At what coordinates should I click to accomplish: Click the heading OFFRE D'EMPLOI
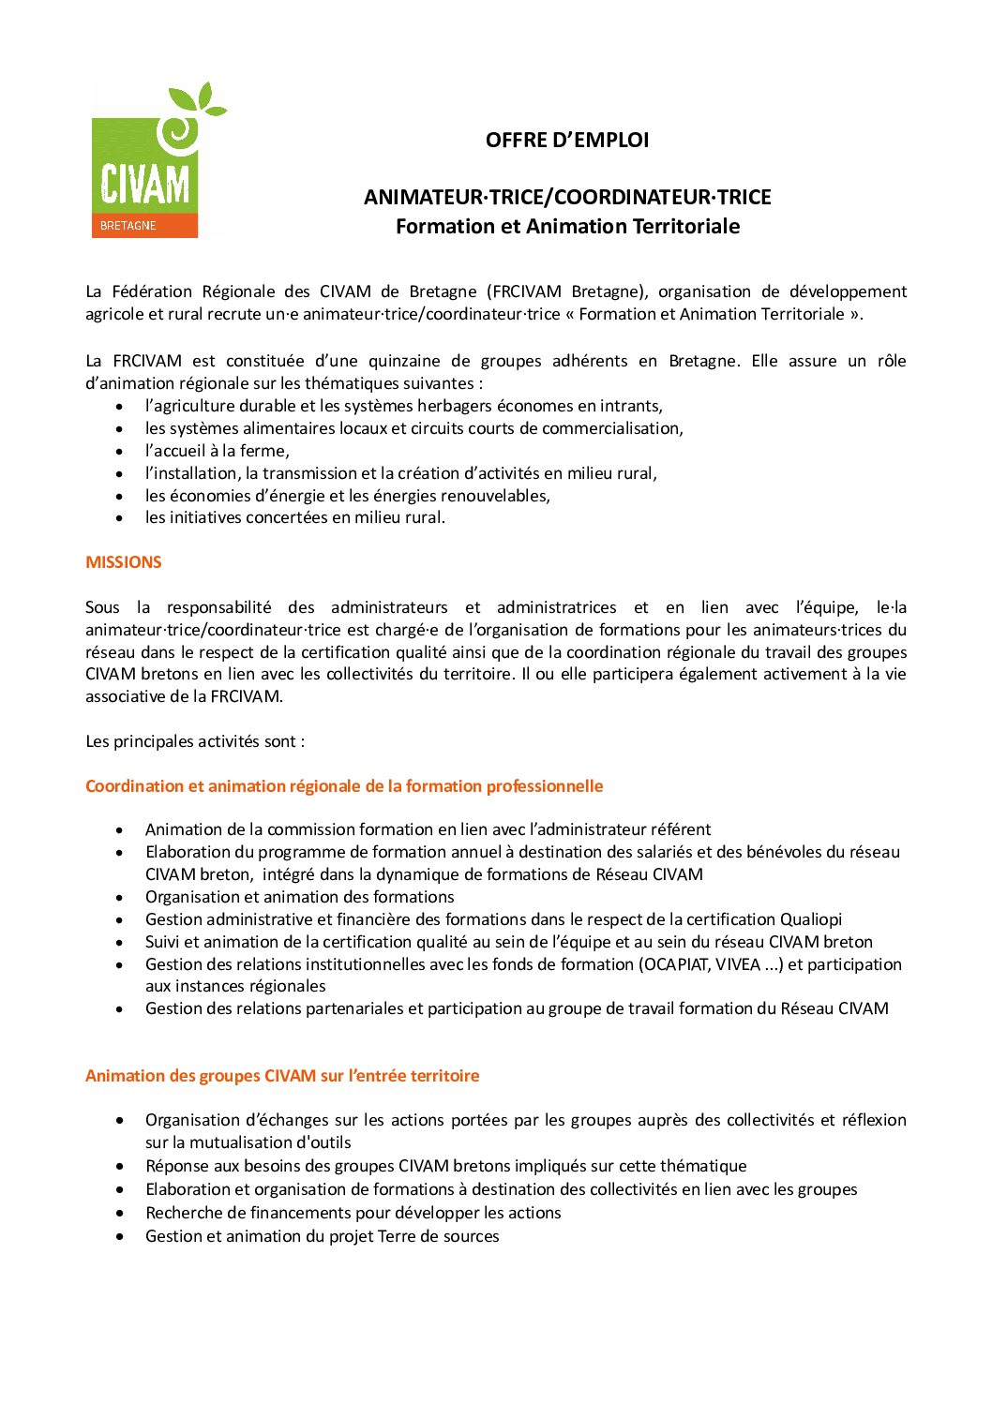(566, 140)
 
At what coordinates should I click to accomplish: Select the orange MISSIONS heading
(124, 562)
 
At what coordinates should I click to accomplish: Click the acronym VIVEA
(738, 964)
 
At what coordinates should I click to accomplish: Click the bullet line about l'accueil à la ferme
(217, 451)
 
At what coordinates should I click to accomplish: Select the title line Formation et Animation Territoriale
(567, 226)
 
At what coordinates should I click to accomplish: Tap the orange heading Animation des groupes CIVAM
(282, 1076)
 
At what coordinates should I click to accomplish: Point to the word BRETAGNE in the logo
(128, 226)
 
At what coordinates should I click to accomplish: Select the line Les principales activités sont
(195, 741)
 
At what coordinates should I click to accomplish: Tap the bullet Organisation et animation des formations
(299, 897)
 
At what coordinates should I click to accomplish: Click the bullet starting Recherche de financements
(353, 1213)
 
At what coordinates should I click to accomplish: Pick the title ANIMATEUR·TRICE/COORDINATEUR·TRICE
(567, 197)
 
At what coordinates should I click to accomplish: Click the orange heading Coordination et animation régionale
(344, 786)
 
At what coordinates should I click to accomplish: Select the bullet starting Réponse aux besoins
(445, 1166)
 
